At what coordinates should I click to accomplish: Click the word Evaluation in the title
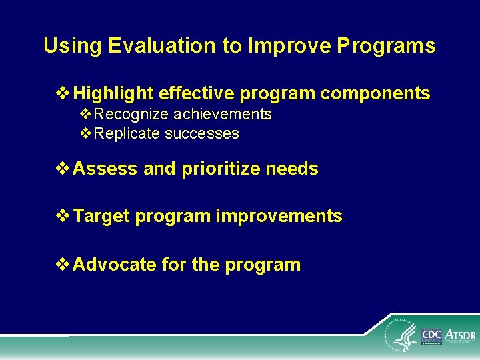(142, 46)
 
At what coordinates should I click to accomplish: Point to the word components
(375, 94)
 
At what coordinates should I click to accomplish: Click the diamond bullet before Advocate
(65, 265)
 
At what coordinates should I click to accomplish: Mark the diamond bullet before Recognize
(86, 115)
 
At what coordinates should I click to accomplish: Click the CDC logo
(431, 335)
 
